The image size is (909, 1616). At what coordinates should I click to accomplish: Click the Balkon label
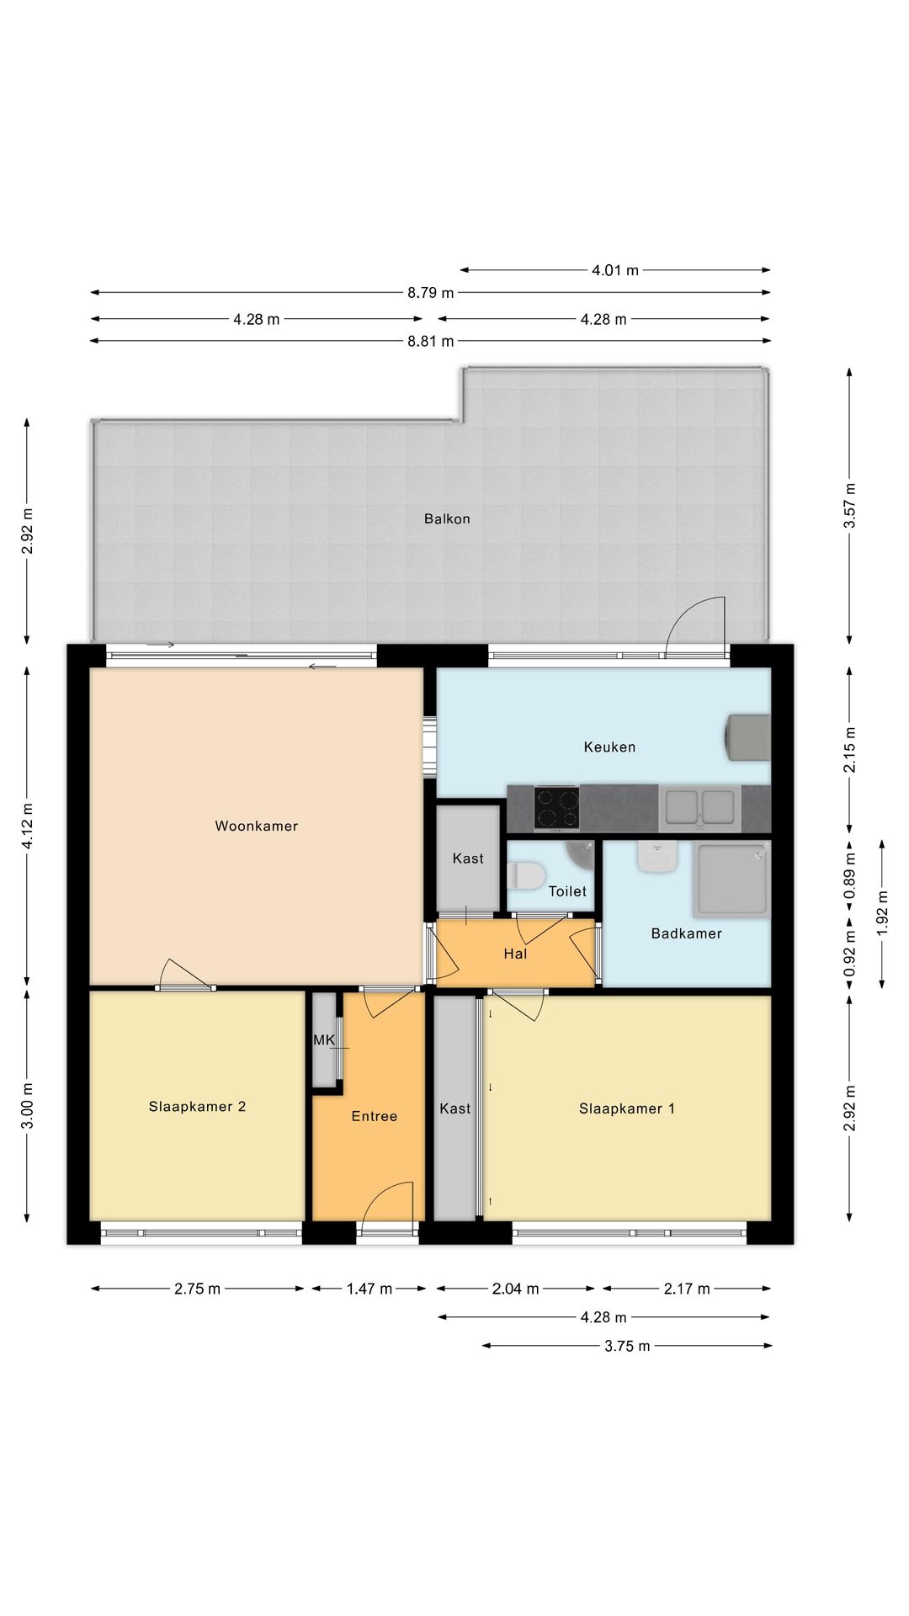(x=447, y=519)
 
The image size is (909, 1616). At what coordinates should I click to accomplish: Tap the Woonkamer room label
(x=257, y=827)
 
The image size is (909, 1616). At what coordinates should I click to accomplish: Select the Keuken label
(x=609, y=747)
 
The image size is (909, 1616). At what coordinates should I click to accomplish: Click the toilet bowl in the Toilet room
(x=527, y=874)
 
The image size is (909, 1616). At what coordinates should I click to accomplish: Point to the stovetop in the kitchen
(x=556, y=807)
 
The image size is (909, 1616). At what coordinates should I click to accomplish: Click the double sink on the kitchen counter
(x=699, y=806)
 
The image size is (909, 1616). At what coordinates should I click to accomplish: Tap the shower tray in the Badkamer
(x=731, y=880)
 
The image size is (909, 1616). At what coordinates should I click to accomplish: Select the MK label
(x=324, y=1040)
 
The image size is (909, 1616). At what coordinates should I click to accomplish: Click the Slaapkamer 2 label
(x=197, y=1107)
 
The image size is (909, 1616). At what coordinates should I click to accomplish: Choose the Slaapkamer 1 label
(x=627, y=1109)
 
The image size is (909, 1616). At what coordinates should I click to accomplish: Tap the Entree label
(x=375, y=1117)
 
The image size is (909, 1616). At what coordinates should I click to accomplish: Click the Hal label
(x=515, y=954)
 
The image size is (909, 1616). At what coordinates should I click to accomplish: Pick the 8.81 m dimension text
(x=431, y=341)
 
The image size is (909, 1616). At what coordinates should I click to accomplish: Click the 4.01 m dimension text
(x=615, y=270)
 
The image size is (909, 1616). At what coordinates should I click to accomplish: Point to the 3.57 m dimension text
(x=850, y=505)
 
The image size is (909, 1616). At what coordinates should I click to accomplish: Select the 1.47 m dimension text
(x=369, y=1289)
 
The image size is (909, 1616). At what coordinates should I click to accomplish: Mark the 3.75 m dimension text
(x=627, y=1346)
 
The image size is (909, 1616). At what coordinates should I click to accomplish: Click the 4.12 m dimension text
(x=28, y=827)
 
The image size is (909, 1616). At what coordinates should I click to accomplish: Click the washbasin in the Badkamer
(x=657, y=857)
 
